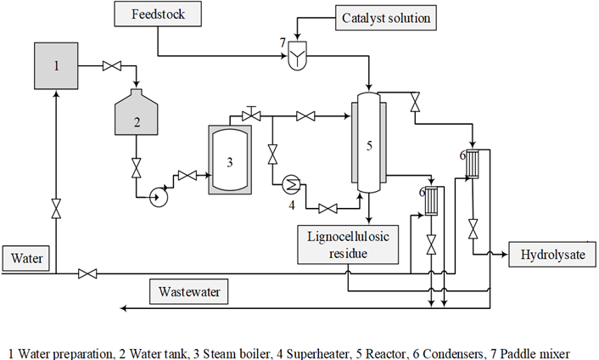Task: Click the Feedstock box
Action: [158, 14]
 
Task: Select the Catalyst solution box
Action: [386, 18]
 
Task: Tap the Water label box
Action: [26, 258]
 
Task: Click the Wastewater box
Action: [188, 291]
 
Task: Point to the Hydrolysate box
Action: [552, 255]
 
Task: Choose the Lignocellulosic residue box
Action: [348, 245]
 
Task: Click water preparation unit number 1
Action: [56, 66]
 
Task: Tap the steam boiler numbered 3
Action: [230, 160]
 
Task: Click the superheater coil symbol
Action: [292, 185]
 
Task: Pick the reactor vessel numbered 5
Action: [368, 142]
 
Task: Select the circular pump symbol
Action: [158, 197]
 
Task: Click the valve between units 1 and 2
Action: [112, 66]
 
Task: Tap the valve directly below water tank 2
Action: [137, 168]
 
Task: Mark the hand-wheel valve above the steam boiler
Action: [251, 114]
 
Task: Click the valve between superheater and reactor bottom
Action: [327, 209]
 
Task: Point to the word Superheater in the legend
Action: [318, 353]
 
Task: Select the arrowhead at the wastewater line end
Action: [123, 308]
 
